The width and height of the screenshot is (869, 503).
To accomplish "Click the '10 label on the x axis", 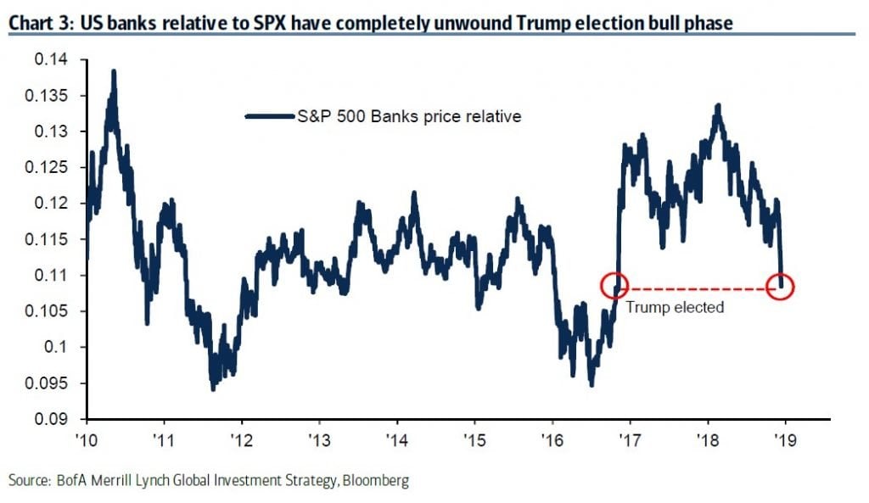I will [x=87, y=440].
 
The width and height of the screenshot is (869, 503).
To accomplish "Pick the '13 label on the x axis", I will [x=319, y=440].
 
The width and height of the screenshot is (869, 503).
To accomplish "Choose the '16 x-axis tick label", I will [x=552, y=440].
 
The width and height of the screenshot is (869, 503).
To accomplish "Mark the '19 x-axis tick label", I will [x=785, y=440].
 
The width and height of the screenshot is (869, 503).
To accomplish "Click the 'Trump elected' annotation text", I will [x=675, y=307].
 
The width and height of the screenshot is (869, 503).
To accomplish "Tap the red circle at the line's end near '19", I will [x=780, y=287].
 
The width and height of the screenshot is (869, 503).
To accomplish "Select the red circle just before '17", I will [x=614, y=287].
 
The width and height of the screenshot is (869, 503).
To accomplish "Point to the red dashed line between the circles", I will [x=696, y=287].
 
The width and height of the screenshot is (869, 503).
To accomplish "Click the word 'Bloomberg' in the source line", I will [x=373, y=481].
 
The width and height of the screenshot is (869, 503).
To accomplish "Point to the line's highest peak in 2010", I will [x=114, y=71].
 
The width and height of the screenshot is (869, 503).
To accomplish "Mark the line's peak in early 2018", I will [x=719, y=105].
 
